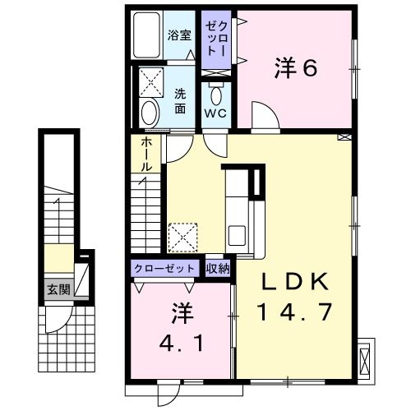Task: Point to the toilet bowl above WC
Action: [217, 92]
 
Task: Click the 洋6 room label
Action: [295, 69]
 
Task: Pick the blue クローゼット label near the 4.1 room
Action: [165, 268]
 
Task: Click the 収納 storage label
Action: [218, 268]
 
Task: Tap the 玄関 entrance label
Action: [58, 289]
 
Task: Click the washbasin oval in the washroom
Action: [149, 112]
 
